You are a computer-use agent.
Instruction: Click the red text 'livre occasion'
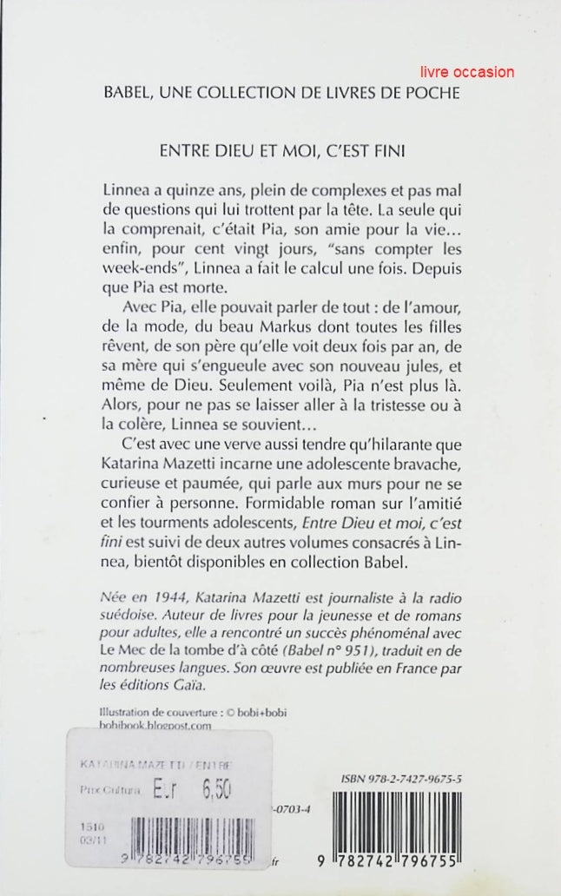click(x=465, y=72)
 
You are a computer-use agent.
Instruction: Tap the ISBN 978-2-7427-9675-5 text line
click(x=393, y=779)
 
